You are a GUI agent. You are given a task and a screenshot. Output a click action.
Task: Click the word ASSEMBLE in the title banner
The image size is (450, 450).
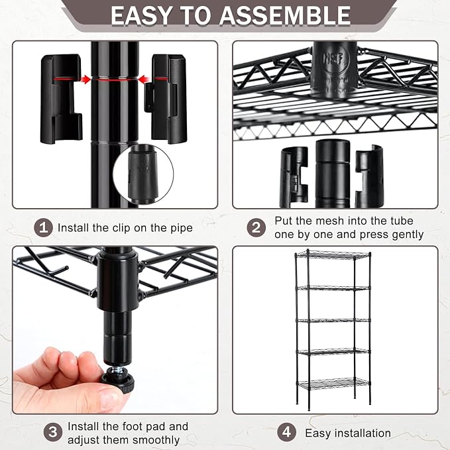click(x=285, y=15)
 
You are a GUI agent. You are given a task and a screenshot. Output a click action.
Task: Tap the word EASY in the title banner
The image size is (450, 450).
click(x=142, y=15)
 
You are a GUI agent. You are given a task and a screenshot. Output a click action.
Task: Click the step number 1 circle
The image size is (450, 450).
click(x=43, y=228)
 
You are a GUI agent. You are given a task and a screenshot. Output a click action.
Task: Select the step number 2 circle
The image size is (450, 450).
click(x=256, y=227)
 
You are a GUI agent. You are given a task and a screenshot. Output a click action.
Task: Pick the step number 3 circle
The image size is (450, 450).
click(x=53, y=432)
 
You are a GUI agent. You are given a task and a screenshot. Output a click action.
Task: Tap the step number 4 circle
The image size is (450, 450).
click(x=287, y=432)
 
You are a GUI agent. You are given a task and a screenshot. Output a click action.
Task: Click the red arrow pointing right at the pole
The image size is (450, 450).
click(x=85, y=80)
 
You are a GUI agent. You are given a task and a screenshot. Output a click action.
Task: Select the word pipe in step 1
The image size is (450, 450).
click(x=182, y=229)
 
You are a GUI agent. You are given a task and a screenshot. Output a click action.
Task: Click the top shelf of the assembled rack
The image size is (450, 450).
click(x=333, y=254)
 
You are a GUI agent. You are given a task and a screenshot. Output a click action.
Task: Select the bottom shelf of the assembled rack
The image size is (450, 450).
click(x=333, y=384)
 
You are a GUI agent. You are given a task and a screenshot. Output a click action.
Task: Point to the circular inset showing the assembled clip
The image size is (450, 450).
click(x=143, y=174)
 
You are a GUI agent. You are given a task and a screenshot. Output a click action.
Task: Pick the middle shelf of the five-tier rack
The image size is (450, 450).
click(x=333, y=320)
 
